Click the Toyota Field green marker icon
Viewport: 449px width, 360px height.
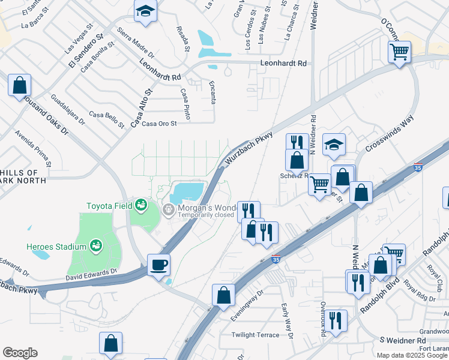click(141, 205)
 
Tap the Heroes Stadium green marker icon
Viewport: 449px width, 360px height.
click(95, 245)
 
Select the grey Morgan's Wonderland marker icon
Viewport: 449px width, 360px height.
click(169, 209)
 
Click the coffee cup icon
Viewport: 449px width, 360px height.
click(158, 265)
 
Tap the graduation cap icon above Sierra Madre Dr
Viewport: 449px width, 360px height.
click(145, 11)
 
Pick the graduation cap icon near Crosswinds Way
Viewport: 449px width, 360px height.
click(334, 144)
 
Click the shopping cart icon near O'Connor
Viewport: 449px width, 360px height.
click(399, 52)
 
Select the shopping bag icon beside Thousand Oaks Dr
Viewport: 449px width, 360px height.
click(19, 85)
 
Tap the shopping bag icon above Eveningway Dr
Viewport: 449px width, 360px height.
click(223, 295)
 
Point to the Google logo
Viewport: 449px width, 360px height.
click(20, 353)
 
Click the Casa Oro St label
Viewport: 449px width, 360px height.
click(158, 124)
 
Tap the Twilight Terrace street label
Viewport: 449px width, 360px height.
click(256, 335)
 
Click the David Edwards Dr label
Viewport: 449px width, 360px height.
click(91, 274)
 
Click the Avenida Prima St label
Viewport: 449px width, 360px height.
click(34, 148)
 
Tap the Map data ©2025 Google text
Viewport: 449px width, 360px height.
click(412, 355)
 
